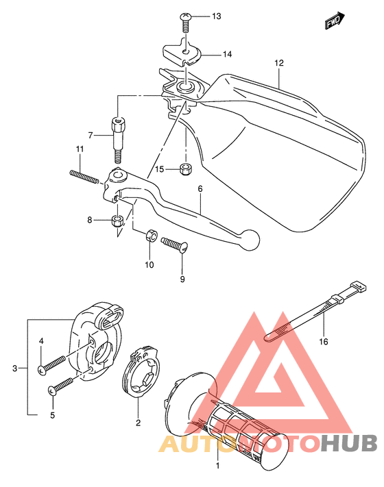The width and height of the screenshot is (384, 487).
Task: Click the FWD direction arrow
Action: (335, 21)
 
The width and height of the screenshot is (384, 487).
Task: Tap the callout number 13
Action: (217, 16)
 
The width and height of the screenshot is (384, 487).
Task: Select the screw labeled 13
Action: (186, 23)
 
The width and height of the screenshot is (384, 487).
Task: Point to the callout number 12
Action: (279, 63)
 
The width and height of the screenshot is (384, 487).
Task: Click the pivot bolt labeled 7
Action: (118, 140)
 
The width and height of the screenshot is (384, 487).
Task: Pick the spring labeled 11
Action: (84, 177)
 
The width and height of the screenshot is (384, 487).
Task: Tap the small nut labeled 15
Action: (186, 169)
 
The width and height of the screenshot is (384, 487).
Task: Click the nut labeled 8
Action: (117, 221)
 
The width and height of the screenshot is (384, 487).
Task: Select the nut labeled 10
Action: (151, 235)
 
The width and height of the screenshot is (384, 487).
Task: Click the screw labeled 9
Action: (174, 245)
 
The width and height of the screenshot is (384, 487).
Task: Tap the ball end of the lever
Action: (250, 240)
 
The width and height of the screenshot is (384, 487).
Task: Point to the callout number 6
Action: (200, 189)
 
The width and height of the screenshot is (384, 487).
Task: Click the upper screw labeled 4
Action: (52, 364)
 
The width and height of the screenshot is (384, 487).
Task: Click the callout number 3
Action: (14, 369)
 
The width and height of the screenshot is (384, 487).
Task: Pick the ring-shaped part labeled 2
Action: (140, 373)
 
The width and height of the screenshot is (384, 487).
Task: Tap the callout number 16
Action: (324, 342)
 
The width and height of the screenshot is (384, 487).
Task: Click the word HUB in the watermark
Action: (349, 443)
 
